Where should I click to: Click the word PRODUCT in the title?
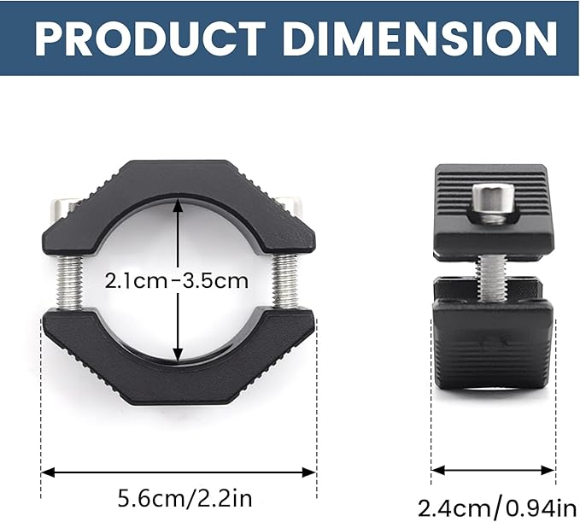click(150, 38)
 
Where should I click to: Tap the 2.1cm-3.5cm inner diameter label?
click(177, 281)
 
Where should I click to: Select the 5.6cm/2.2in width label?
click(185, 498)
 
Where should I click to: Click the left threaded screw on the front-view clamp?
click(70, 284)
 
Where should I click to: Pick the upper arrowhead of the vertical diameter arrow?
click(178, 204)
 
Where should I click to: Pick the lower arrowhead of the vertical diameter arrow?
click(178, 356)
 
